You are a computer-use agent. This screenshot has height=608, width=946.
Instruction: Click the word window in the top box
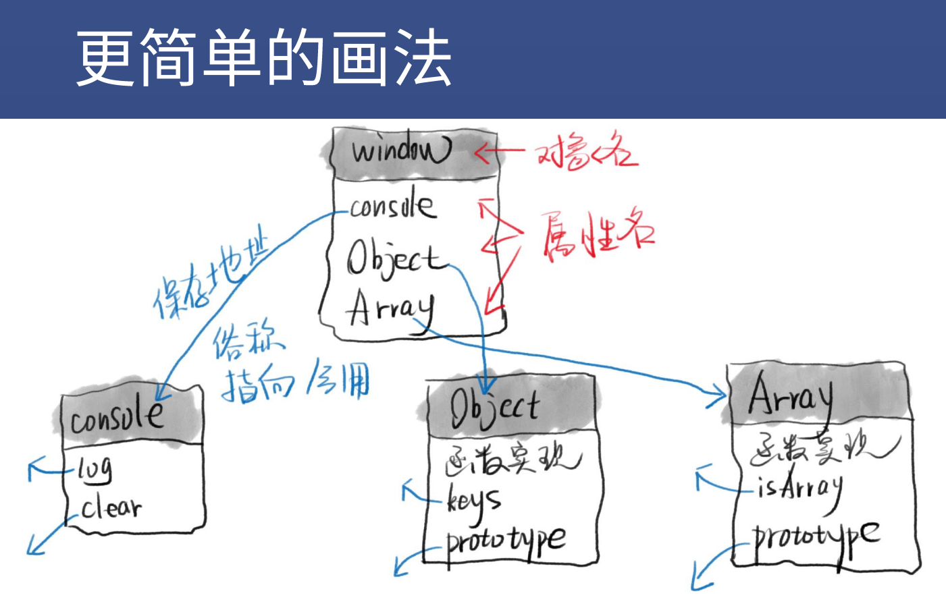400,150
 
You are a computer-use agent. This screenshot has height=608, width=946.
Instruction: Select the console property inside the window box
392,206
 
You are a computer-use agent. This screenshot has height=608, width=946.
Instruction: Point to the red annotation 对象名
586,153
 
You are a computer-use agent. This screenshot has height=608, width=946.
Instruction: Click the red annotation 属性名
597,233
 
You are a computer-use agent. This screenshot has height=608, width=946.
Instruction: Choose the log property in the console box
95,468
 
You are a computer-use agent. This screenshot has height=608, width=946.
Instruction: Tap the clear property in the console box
111,507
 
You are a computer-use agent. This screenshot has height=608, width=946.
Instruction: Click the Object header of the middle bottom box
495,407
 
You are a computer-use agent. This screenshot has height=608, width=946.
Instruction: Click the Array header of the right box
790,396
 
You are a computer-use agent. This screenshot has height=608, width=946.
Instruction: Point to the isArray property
799,487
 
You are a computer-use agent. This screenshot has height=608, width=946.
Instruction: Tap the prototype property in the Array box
816,537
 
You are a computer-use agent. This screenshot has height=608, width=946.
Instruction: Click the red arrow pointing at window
499,152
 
